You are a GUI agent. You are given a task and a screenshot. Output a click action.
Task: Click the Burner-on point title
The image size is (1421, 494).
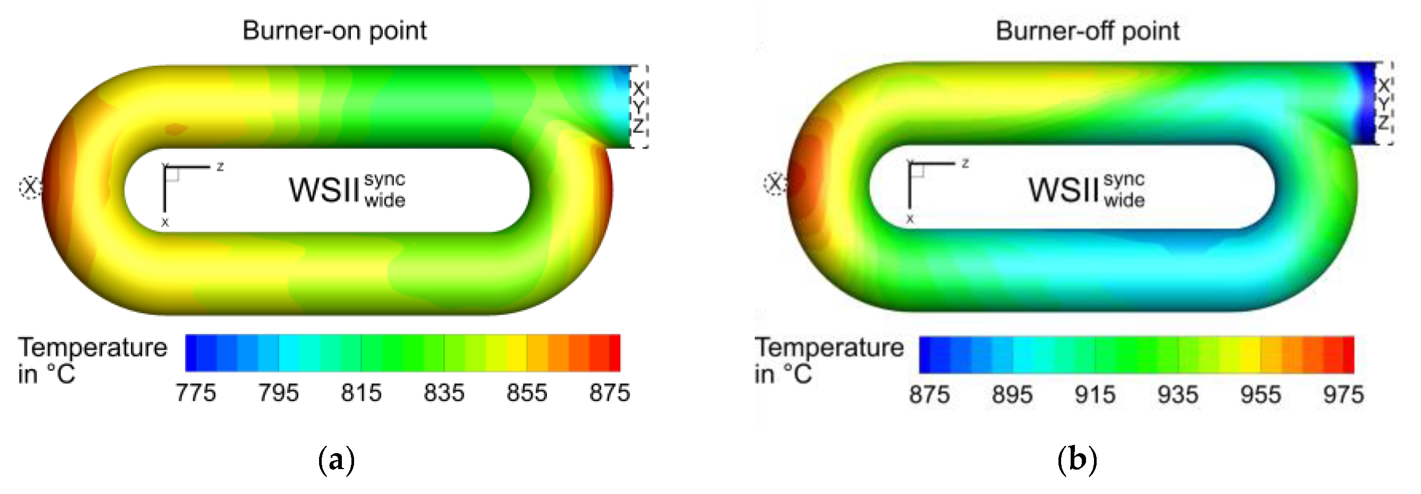pos(334,31)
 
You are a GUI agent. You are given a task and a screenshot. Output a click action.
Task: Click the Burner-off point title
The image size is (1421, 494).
pos(1087,31)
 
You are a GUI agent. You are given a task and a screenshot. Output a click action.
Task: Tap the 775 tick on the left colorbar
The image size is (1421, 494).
pos(196,393)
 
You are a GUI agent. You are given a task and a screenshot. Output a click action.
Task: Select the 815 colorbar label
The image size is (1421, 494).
pos(361,393)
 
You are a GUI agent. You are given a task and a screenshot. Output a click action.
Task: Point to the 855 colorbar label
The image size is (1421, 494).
pos(527,393)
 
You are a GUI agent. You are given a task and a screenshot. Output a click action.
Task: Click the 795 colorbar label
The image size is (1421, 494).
pos(279,393)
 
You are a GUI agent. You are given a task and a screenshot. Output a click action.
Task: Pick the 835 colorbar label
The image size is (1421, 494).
pos(444,393)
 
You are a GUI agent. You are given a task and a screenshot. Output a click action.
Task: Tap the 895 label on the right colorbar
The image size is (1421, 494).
pos(1012,395)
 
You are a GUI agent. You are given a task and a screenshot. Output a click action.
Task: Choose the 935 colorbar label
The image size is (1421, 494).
pos(1178,395)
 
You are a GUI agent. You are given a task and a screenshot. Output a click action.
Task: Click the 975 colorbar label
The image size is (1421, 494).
pos(1343,395)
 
